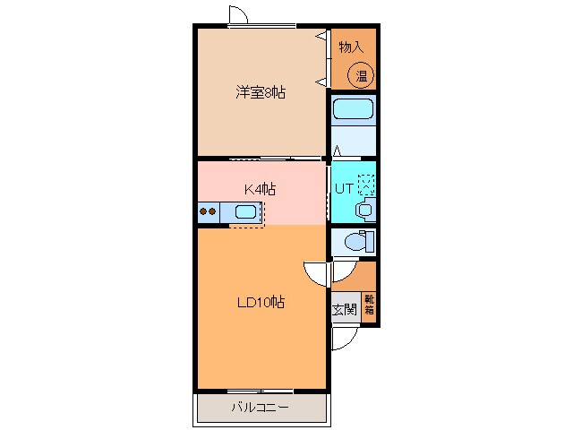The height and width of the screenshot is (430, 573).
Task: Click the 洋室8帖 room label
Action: [261, 92]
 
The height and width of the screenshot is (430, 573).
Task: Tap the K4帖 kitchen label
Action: [261, 189]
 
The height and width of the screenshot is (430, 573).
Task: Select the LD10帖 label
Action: [261, 303]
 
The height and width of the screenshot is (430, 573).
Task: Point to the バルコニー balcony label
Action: [259, 408]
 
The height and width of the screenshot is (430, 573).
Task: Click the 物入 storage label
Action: [352, 47]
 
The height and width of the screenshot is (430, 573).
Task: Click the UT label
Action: [345, 187]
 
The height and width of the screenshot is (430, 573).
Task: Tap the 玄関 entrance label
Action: [344, 310]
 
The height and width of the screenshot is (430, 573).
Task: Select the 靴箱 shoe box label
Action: [369, 304]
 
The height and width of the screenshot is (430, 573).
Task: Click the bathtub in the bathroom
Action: [353, 110]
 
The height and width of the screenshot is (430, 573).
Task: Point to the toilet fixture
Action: [355, 242]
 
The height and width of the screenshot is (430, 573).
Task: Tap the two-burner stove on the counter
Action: [208, 212]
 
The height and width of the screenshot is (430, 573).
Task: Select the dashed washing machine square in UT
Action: [367, 183]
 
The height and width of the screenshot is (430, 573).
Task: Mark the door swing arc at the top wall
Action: [238, 15]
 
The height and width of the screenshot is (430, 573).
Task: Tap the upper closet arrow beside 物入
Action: [320, 37]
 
